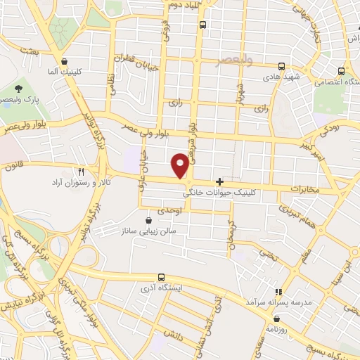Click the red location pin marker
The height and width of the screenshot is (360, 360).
click(181, 165)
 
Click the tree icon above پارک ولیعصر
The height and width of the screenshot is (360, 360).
click(19, 89)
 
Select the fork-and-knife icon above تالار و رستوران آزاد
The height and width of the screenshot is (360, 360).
click(82, 172)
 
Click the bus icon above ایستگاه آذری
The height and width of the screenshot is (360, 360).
click(161, 277)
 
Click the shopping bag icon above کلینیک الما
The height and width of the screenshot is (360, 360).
click(65, 60)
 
